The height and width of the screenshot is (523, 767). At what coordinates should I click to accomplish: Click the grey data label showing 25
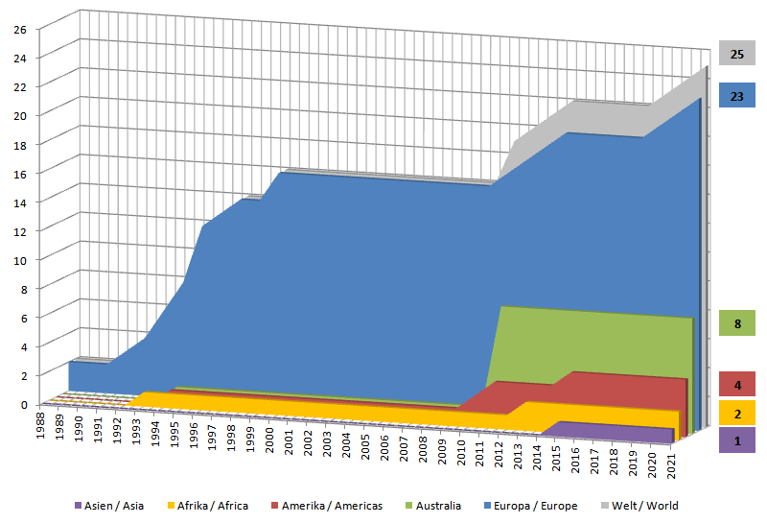click(736, 54)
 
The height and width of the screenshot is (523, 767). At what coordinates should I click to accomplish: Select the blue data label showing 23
click(736, 96)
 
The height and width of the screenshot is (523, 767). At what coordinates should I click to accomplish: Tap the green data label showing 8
click(736, 323)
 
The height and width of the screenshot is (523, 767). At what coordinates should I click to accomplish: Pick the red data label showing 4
click(736, 385)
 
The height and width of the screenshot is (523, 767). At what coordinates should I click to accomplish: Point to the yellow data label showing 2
click(736, 414)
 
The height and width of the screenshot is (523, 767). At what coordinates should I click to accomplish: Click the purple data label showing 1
click(736, 440)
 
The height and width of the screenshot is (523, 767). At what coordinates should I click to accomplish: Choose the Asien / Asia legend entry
click(108, 506)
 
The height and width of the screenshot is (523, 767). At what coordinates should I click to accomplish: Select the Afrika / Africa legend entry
click(207, 506)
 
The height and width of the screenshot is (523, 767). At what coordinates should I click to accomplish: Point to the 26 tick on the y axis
click(18, 28)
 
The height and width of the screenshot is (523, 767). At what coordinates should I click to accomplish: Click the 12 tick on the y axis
click(18, 230)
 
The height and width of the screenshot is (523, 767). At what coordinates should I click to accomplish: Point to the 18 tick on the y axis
click(18, 144)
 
